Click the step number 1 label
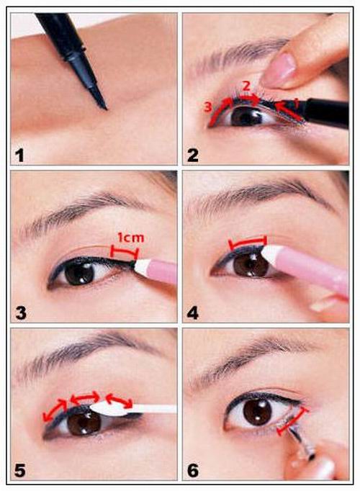tap(19, 156)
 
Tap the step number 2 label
tap(192, 156)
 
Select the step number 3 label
tap(21, 313)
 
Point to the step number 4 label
tap(193, 313)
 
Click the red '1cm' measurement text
tap(130, 238)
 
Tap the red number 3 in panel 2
tap(208, 107)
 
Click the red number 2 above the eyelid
tap(246, 86)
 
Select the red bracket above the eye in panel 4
tap(247, 241)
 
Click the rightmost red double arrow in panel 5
tap(119, 401)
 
